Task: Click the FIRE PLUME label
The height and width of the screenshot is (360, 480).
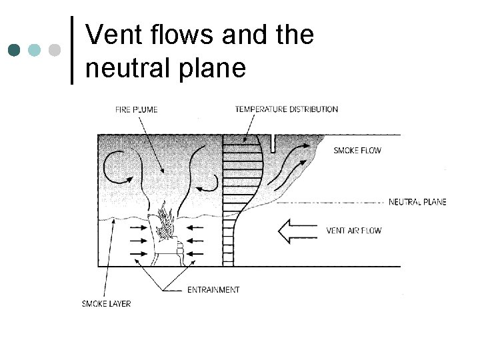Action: click(136, 110)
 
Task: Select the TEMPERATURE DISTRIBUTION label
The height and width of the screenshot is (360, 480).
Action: click(286, 109)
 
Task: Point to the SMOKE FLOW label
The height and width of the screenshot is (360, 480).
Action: click(357, 151)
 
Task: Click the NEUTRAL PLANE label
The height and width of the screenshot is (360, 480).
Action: click(417, 201)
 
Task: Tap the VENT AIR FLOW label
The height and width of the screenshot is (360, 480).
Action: click(354, 231)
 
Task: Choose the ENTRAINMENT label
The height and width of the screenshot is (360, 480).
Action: click(213, 290)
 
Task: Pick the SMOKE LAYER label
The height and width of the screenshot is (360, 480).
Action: click(106, 304)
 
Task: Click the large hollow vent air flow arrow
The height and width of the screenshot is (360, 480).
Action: click(297, 231)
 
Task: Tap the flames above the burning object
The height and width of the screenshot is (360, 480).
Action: click(165, 219)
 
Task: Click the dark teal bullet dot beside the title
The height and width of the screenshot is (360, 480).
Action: click(15, 49)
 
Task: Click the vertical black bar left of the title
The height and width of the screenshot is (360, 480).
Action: click(72, 50)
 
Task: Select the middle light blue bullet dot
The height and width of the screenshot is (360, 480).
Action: click(35, 49)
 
